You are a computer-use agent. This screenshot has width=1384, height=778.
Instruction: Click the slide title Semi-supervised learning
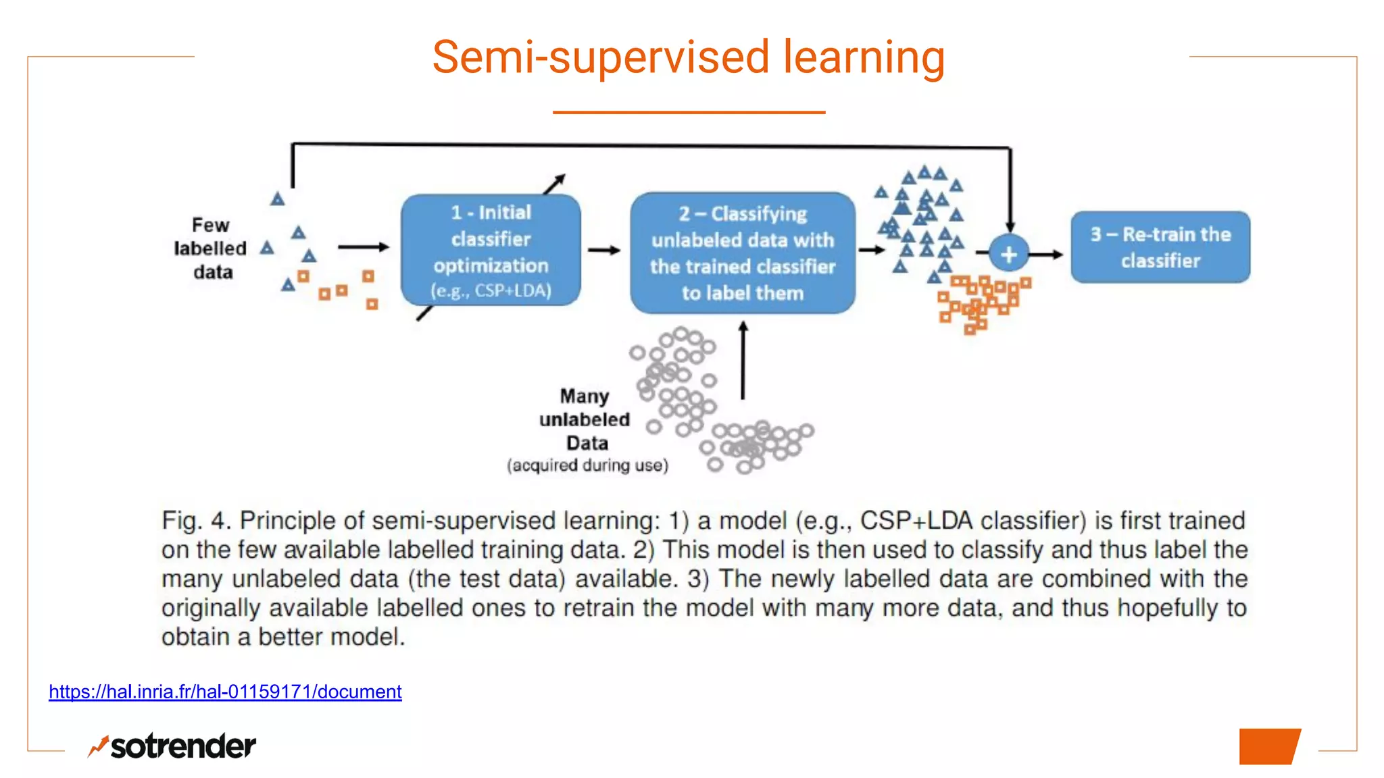click(x=688, y=57)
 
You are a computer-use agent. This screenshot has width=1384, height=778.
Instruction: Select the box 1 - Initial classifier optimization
click(x=491, y=250)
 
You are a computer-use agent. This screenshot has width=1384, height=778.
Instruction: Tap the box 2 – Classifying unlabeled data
click(x=742, y=253)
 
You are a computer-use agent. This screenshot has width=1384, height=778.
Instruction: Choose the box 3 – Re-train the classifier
click(x=1160, y=247)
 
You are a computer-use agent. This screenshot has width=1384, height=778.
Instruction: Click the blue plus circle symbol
click(x=1008, y=254)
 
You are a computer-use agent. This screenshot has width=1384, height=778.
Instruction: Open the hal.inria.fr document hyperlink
click(x=225, y=692)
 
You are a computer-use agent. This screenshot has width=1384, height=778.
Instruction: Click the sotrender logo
click(x=172, y=746)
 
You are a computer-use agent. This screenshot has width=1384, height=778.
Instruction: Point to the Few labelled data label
click(x=211, y=249)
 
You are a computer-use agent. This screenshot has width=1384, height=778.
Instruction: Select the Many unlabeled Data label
click(x=585, y=419)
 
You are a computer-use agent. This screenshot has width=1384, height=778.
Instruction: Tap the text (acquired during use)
click(x=587, y=465)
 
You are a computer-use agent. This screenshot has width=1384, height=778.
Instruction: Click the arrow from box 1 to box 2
click(x=603, y=251)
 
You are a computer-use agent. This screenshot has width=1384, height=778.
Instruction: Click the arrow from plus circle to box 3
click(x=1047, y=255)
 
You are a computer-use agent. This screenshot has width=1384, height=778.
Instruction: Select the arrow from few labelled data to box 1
click(x=364, y=247)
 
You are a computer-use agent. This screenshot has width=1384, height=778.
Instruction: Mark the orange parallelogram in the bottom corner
click(x=1269, y=746)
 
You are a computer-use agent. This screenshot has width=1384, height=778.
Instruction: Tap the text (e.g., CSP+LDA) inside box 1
click(x=491, y=291)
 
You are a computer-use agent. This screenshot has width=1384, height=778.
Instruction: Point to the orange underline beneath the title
click(x=689, y=112)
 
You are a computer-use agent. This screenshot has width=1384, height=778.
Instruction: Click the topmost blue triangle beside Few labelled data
click(x=278, y=199)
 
